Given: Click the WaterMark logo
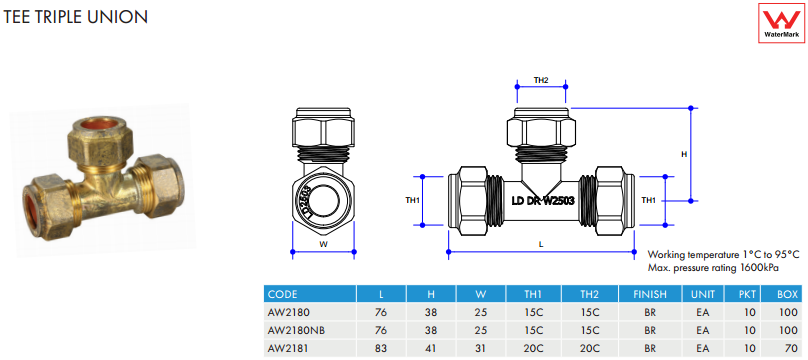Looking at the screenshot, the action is [x=781, y=23].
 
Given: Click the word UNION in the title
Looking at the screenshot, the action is [x=123, y=17].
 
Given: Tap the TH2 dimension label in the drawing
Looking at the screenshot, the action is [x=541, y=80].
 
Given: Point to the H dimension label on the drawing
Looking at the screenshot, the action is [x=684, y=154].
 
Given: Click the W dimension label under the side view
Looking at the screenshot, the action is [x=324, y=245].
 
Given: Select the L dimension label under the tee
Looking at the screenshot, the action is [x=541, y=245].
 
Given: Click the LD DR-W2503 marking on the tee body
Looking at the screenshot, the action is [x=543, y=200].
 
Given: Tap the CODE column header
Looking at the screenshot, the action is [x=282, y=295].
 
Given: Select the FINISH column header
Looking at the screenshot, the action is [x=650, y=295].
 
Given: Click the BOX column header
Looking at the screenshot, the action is [x=787, y=295].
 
